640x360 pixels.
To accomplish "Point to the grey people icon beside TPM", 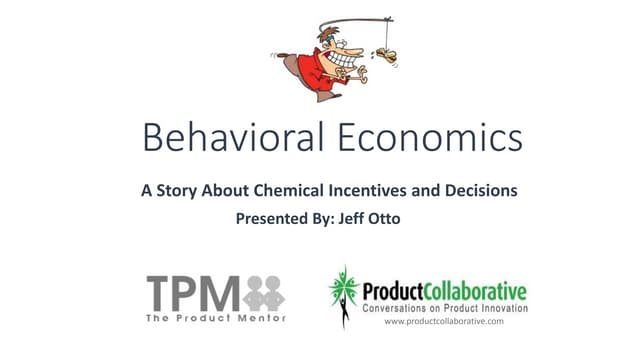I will [x=263, y=292].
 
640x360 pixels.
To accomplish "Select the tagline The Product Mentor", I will [x=214, y=318].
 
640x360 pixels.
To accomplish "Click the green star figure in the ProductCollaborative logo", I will [x=343, y=293].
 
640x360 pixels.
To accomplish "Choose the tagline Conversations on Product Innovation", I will [x=441, y=309].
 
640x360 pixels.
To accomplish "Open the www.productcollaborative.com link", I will [x=443, y=322].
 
